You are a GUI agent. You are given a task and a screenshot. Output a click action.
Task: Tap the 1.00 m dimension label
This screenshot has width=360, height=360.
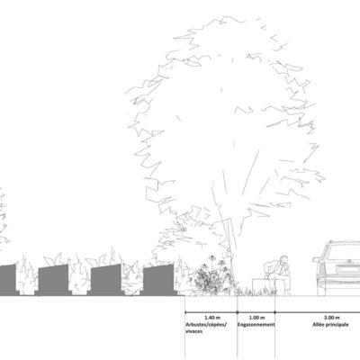[x=257, y=318]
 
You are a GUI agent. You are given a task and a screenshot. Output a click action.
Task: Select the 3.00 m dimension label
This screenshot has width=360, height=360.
[x=332, y=318]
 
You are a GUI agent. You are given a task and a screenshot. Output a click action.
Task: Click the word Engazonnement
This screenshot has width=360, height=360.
[x=256, y=325]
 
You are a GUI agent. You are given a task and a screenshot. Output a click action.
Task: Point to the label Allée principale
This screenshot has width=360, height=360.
[x=330, y=325]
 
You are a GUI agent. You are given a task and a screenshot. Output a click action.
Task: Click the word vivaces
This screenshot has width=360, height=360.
[x=194, y=331]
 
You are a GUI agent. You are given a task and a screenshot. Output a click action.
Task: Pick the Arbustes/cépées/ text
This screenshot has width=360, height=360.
[x=206, y=325]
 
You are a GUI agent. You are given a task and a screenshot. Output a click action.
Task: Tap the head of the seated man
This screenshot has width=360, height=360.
[x=283, y=259]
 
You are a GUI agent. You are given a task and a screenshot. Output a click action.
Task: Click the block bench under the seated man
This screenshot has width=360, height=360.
[x=260, y=287]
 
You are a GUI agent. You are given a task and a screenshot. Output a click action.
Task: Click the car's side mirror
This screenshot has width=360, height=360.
[x=316, y=259]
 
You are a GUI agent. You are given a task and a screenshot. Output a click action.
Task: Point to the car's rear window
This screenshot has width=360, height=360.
[x=344, y=252]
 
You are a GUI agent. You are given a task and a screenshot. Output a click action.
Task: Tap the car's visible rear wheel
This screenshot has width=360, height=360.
[x=321, y=290]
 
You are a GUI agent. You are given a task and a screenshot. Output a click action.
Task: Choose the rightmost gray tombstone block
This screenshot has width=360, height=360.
[x=158, y=279]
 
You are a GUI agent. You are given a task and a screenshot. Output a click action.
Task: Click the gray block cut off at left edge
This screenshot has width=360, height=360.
[x=8, y=279]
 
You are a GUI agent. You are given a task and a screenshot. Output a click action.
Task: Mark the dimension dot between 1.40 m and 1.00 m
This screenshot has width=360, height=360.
[x=238, y=312]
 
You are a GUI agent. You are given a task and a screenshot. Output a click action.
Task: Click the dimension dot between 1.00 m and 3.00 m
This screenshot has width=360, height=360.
[x=275, y=312]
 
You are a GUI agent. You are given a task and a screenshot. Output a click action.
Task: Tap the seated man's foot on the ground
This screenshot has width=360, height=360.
[x=287, y=293]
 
